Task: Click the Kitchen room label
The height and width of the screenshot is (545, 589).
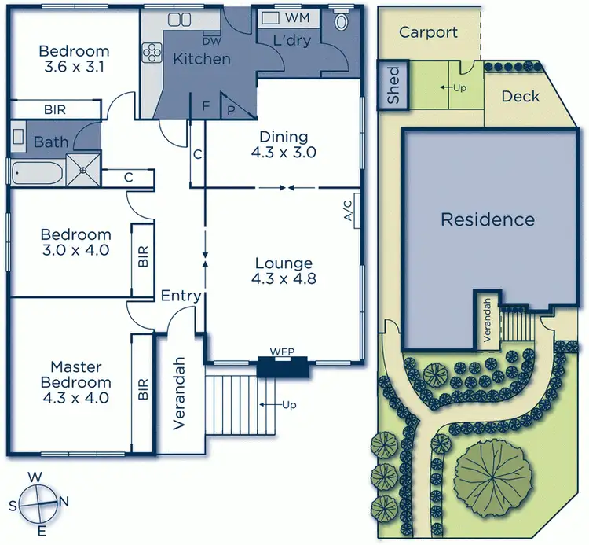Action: [202, 59]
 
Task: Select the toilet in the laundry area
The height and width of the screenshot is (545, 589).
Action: [342, 21]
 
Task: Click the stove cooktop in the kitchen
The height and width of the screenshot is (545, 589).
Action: [150, 53]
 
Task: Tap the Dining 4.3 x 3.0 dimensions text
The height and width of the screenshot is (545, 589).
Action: [285, 153]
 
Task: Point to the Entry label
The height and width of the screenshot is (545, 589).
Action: [181, 296]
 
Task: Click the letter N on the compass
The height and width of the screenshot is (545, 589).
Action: [64, 502]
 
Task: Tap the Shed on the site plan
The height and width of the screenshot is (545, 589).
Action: [390, 86]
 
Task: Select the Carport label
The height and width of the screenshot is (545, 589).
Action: [428, 32]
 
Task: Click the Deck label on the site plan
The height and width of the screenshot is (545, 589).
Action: [520, 96]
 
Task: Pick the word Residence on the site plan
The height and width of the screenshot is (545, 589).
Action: [487, 219]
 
